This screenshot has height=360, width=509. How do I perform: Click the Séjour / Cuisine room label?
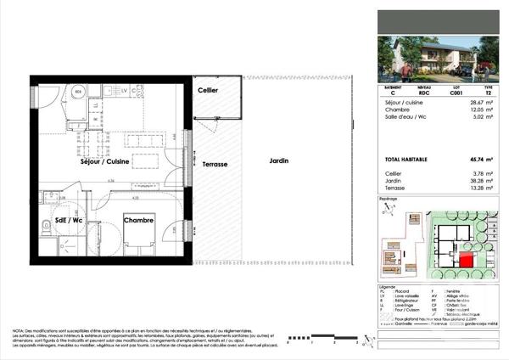pyautogui.click(x=104, y=162)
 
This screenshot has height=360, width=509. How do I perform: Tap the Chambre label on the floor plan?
pyautogui.click(x=138, y=221)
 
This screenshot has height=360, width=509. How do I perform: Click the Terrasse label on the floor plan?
pyautogui.click(x=215, y=166)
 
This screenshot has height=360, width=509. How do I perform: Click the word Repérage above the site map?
pyautogui.click(x=389, y=199)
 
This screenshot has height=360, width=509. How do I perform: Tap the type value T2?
pyautogui.click(x=487, y=93)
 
